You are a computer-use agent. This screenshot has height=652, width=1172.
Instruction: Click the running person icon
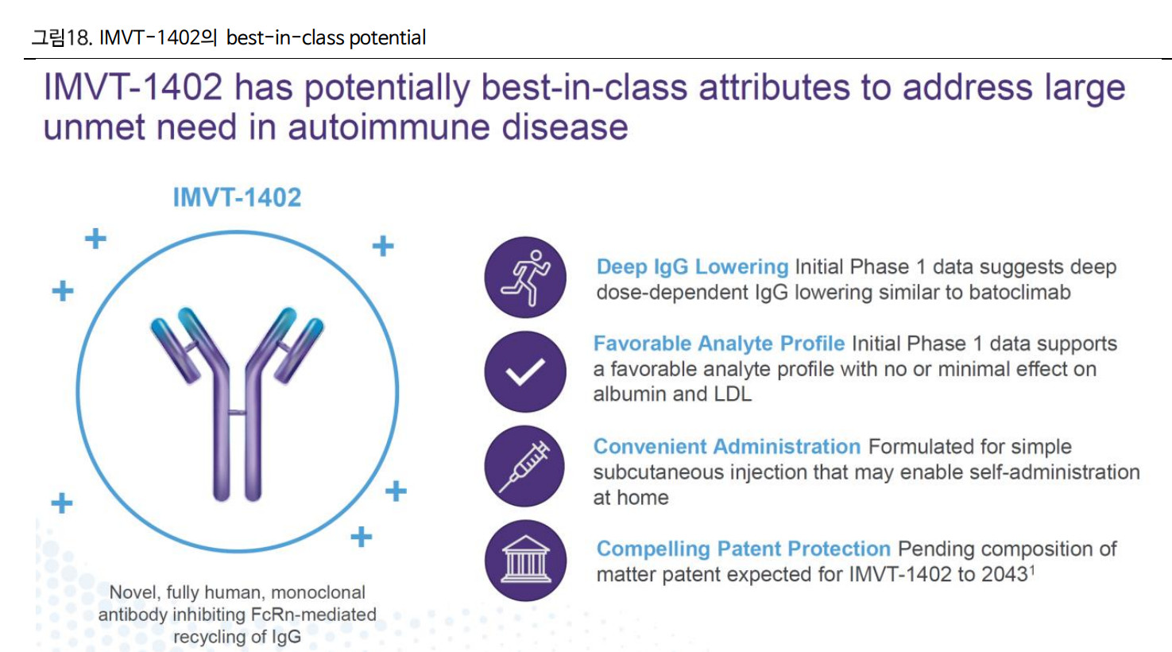click(x=525, y=277)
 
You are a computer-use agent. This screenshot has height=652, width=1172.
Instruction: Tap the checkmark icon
click(x=525, y=371)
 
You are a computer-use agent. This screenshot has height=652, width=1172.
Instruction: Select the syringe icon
click(x=525, y=466)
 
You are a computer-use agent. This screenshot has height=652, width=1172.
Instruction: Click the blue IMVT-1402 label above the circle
click(x=237, y=197)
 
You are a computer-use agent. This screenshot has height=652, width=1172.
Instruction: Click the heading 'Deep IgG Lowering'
click(x=692, y=267)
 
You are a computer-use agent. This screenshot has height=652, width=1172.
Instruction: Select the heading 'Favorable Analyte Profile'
click(x=719, y=343)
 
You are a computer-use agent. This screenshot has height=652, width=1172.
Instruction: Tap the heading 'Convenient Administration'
click(x=727, y=447)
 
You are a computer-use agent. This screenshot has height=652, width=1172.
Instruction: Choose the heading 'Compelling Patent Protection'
click(x=744, y=549)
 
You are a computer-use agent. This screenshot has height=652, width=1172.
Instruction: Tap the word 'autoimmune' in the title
click(x=389, y=127)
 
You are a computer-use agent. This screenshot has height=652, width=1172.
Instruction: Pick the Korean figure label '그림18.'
click(x=62, y=37)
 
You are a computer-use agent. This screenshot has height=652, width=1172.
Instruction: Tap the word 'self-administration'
click(x=1054, y=472)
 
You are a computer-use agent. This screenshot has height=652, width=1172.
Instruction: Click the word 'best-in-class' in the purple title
click(x=584, y=87)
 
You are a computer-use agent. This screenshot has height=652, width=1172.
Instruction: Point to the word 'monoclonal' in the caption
click(x=318, y=592)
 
